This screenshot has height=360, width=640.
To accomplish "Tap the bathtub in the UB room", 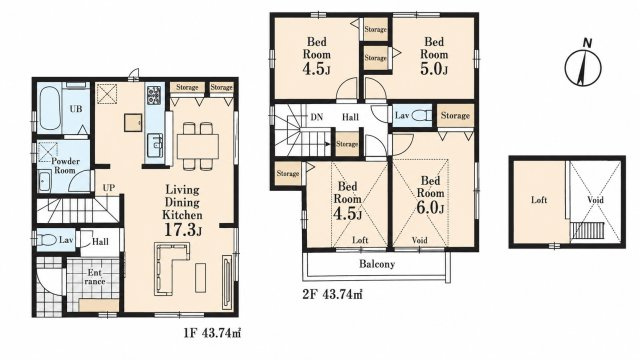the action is (50, 108).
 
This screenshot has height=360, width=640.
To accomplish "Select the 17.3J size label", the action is (183, 230).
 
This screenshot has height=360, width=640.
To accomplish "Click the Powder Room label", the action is (65, 166).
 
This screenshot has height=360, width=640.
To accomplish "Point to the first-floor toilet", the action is (46, 240).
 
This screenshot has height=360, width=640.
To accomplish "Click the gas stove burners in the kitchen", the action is (154, 94).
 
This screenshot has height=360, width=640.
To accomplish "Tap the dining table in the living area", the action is (198, 146).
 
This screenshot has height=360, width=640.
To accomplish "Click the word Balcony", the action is (377, 264).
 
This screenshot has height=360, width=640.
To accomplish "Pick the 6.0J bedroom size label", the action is (430, 208).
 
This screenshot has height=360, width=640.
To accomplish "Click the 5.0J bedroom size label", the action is (434, 69).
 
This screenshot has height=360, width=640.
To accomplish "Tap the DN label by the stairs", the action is (317, 117).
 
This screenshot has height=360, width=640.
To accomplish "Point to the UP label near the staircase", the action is (109, 188).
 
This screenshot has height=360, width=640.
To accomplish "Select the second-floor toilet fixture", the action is (420, 116).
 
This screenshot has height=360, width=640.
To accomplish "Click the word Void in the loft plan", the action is (595, 200).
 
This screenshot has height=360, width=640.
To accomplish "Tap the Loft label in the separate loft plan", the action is (539, 200).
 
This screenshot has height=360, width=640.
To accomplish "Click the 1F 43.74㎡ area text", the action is (212, 333).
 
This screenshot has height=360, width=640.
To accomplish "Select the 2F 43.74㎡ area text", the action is (332, 294).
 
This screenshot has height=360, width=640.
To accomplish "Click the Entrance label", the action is (95, 277).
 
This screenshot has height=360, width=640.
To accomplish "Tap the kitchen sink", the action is (155, 144).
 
